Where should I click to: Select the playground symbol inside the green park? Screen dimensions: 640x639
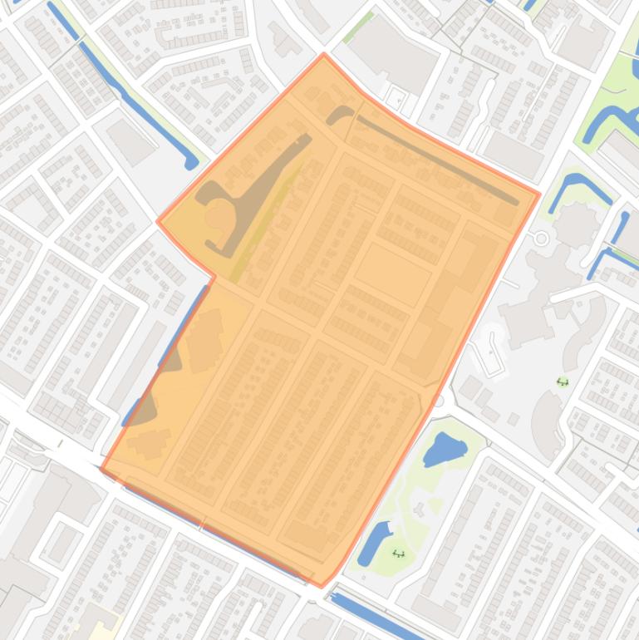pyautogui.click(x=398, y=554)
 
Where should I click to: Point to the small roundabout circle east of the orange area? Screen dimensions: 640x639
pyautogui.click(x=542, y=239)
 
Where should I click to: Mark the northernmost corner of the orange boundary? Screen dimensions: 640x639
pyautogui.click(x=324, y=55)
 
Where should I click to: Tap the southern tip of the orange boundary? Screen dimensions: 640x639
pyautogui.click(x=322, y=585)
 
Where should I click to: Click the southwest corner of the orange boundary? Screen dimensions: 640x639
pyautogui.click(x=101, y=469)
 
